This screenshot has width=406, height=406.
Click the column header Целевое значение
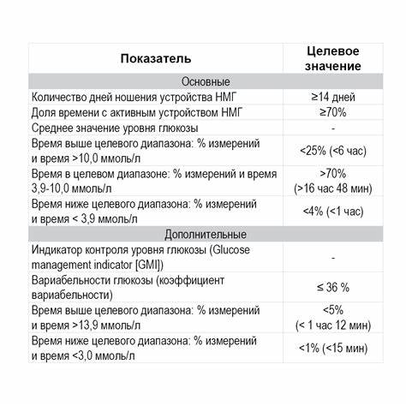[333, 58]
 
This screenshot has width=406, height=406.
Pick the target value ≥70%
[334, 112]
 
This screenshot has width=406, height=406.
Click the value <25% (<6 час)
[334, 151]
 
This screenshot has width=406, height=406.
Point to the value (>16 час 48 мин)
[334, 188]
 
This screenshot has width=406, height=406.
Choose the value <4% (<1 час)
[334, 211]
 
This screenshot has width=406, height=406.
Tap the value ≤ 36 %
[334, 286]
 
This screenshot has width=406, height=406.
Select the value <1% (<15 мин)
[334, 349]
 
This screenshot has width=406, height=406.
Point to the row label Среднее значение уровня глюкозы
[122, 128]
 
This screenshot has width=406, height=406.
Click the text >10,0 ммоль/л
[99, 158]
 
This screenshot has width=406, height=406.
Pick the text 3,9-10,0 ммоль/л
[75, 188]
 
